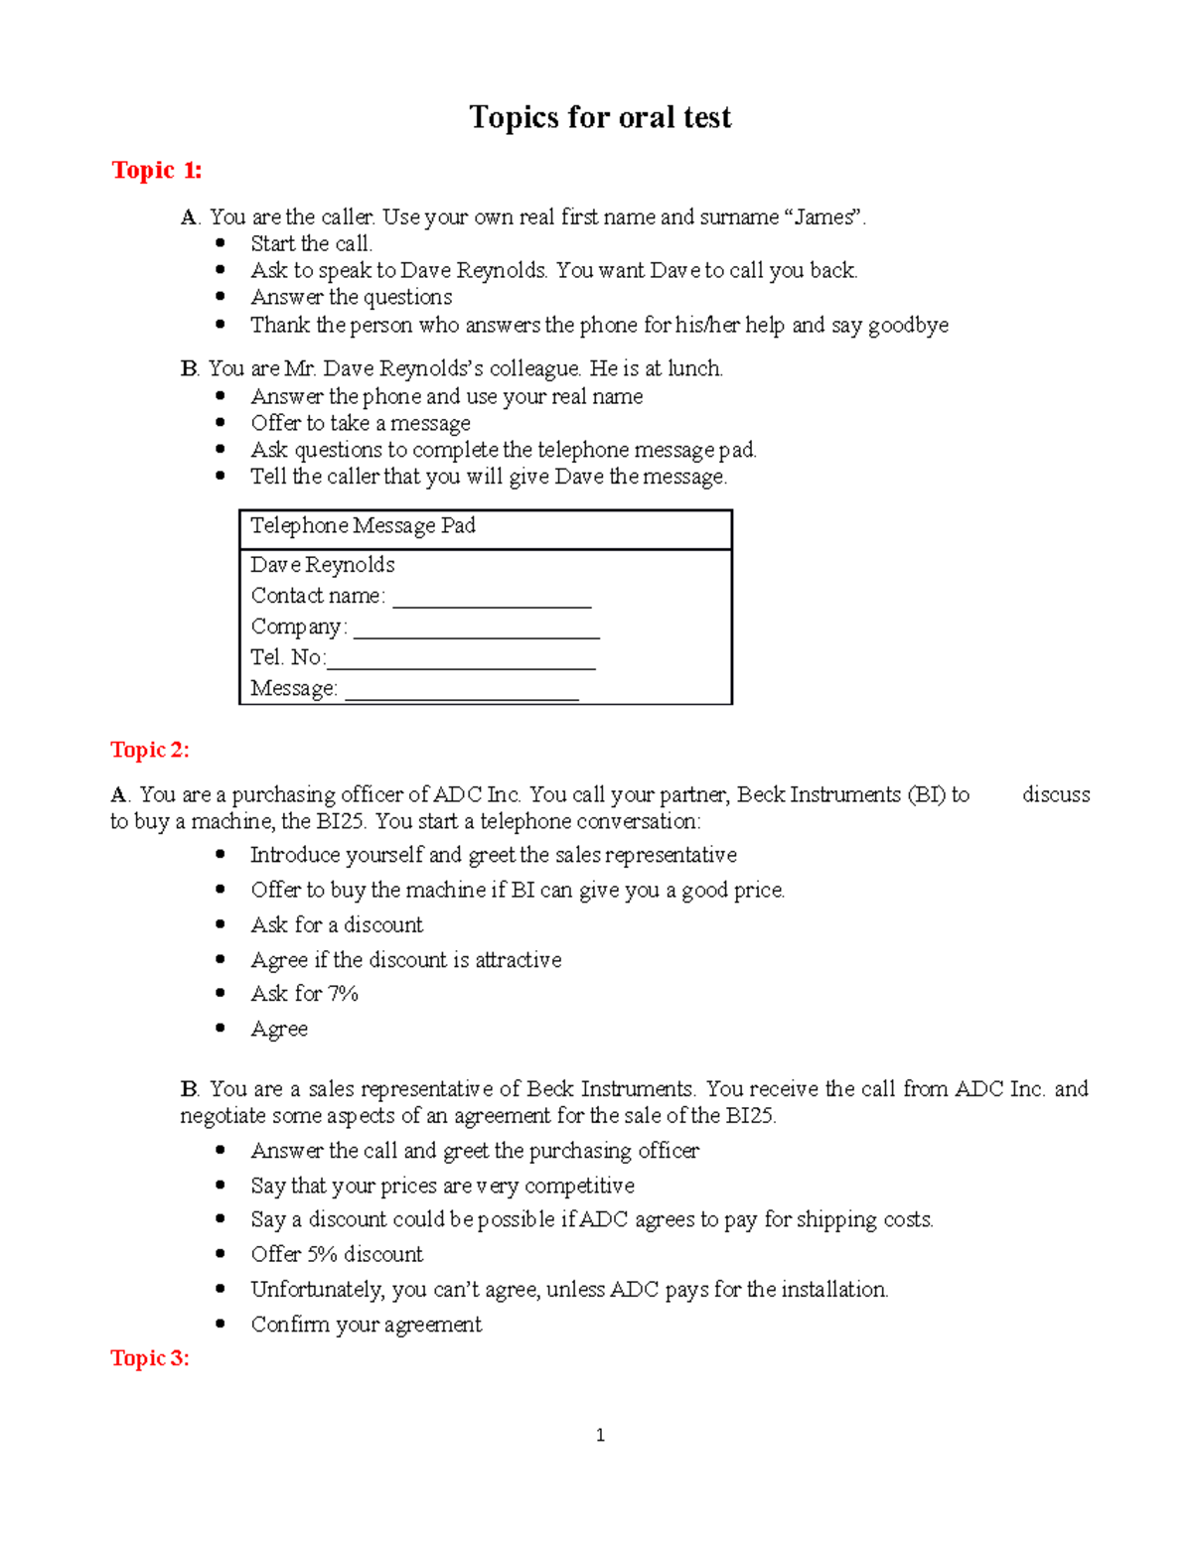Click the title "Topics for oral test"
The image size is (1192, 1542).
click(x=600, y=117)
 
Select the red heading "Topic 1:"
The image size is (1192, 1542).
click(x=156, y=171)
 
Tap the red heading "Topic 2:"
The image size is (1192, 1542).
click(x=149, y=750)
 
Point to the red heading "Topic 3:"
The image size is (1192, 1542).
click(x=149, y=1358)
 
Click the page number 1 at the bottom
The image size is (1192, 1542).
click(x=600, y=1435)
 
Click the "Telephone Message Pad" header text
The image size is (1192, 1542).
click(x=363, y=525)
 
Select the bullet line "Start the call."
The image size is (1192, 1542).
click(x=311, y=244)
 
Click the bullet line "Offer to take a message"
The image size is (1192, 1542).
click(x=361, y=423)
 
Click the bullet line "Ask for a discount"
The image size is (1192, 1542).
click(x=337, y=925)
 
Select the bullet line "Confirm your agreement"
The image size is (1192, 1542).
click(x=366, y=1325)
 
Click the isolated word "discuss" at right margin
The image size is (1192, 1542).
click(x=1056, y=794)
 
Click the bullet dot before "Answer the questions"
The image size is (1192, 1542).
click(x=221, y=297)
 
